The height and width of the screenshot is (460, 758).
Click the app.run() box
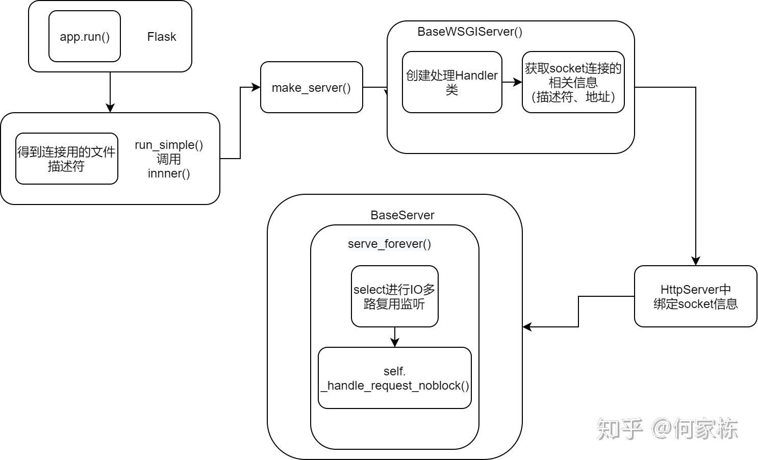point(85,37)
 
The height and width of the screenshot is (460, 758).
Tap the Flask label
point(161,37)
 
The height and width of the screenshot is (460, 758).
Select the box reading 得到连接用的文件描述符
point(67,159)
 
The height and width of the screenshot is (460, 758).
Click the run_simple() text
point(169,145)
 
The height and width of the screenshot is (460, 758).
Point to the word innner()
point(169,173)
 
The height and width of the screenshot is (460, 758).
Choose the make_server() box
point(311,87)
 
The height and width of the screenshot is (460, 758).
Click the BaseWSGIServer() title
point(470,32)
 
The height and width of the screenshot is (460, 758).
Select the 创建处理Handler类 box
point(452,82)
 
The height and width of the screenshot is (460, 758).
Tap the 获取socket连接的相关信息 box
point(573,82)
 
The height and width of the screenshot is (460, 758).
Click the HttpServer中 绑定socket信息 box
point(695,296)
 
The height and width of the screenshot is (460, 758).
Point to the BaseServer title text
point(402,215)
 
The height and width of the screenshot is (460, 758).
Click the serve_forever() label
point(389,244)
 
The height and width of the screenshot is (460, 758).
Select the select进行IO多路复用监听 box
point(394,296)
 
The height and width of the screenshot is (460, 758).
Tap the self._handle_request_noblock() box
point(394,378)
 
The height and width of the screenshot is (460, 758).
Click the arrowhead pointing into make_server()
point(257,87)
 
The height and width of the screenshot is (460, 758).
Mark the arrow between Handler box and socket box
point(512,82)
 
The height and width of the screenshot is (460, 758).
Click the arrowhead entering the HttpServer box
point(695,261)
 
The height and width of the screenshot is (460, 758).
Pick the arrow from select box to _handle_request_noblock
point(394,337)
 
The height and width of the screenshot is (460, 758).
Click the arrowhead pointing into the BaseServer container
point(527,327)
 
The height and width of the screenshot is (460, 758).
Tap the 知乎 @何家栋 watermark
point(667,429)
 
